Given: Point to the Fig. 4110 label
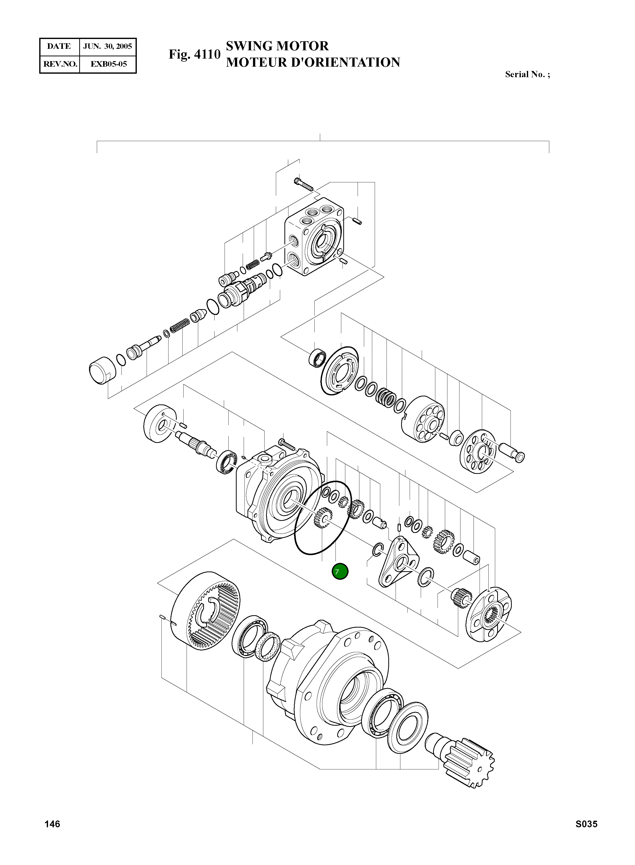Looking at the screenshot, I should (x=194, y=54).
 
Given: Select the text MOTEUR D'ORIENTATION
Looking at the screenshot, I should (x=313, y=62).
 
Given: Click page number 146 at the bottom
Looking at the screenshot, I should (x=52, y=824).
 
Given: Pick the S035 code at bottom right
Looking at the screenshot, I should (x=586, y=824).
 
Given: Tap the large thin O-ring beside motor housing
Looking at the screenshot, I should (x=322, y=518).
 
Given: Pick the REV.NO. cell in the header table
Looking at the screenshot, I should (x=60, y=64).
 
